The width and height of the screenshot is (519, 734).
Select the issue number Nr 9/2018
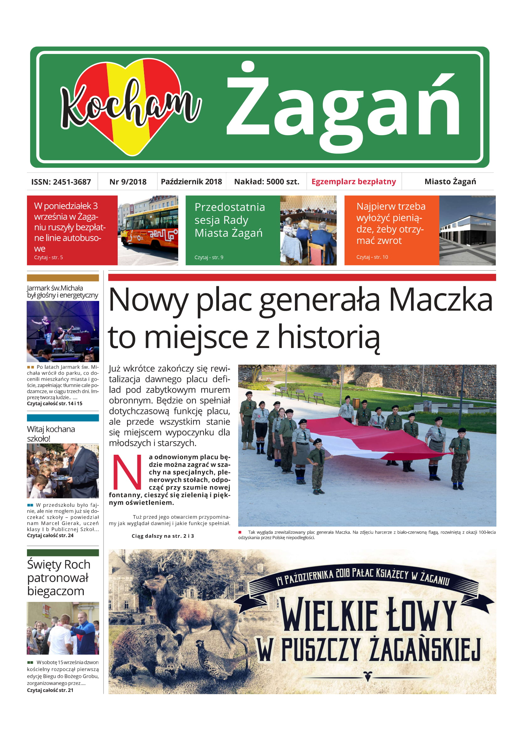[x=128, y=182]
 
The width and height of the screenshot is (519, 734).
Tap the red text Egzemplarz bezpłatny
[x=353, y=182]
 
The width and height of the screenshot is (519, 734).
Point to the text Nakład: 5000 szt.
[x=266, y=182]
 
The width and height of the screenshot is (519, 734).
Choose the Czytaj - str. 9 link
[x=209, y=257]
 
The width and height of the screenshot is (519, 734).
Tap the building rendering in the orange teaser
[x=467, y=231]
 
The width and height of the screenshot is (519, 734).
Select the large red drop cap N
[x=127, y=472]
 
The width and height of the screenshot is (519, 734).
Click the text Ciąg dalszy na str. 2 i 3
[x=163, y=536]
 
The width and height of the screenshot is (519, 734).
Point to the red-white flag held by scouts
[x=367, y=438]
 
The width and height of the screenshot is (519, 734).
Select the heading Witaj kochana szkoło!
[x=51, y=433]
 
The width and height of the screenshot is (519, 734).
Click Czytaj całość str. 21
[x=50, y=690]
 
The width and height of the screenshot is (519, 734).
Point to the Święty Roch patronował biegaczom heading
[x=58, y=578]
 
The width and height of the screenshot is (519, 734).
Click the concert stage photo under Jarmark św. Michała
[x=63, y=331]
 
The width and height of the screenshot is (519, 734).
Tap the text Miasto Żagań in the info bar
[x=450, y=182]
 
